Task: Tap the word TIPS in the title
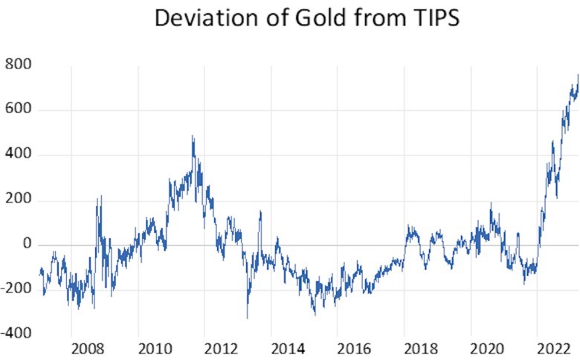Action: (x=431, y=18)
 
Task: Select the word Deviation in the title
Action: (x=204, y=18)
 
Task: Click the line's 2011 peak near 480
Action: (x=193, y=137)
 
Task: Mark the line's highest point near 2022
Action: (x=578, y=74)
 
